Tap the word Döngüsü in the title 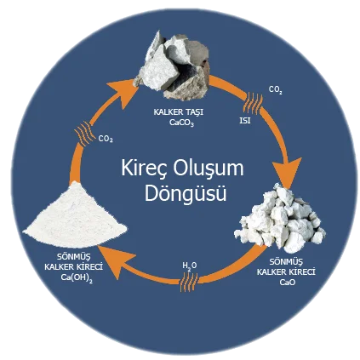coord(186,193)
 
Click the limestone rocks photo coord(173,67)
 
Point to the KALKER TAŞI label coord(179,112)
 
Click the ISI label coord(245,121)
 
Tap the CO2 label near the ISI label coord(276,90)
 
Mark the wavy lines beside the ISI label coord(253,103)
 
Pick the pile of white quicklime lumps coord(280,219)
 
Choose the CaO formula coord(288,283)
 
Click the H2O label coord(190,266)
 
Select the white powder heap coord(75,214)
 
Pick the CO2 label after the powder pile coord(106,140)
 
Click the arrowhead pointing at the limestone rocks coord(124,92)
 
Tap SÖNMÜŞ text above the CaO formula coord(286,261)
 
